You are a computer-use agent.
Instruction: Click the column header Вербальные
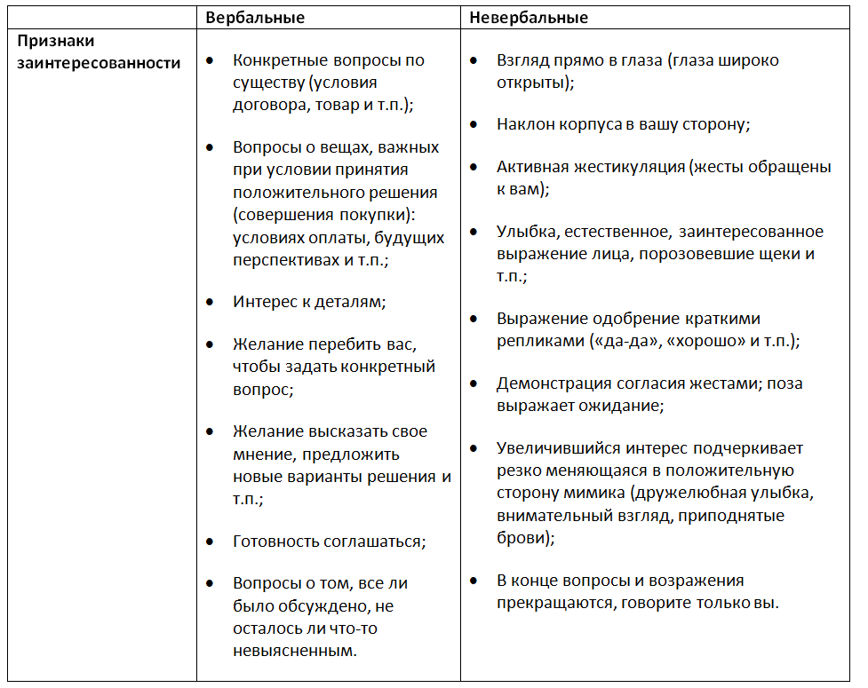[x=255, y=17]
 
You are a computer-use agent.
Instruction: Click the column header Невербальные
[x=529, y=17]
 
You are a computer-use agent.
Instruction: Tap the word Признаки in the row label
[x=55, y=41]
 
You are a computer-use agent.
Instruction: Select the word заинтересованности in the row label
[x=97, y=63]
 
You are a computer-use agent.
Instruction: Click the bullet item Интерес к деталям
[x=309, y=302]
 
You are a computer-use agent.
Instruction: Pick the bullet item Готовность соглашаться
[x=329, y=541]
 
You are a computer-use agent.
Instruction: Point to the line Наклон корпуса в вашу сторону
[x=623, y=124]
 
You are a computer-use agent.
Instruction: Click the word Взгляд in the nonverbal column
[x=523, y=61]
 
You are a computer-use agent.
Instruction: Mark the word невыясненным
[x=293, y=651]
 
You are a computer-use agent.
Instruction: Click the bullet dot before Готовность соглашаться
[x=209, y=541]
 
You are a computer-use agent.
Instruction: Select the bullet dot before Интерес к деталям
[x=209, y=302]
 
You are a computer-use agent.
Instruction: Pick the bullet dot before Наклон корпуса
[x=475, y=124]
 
